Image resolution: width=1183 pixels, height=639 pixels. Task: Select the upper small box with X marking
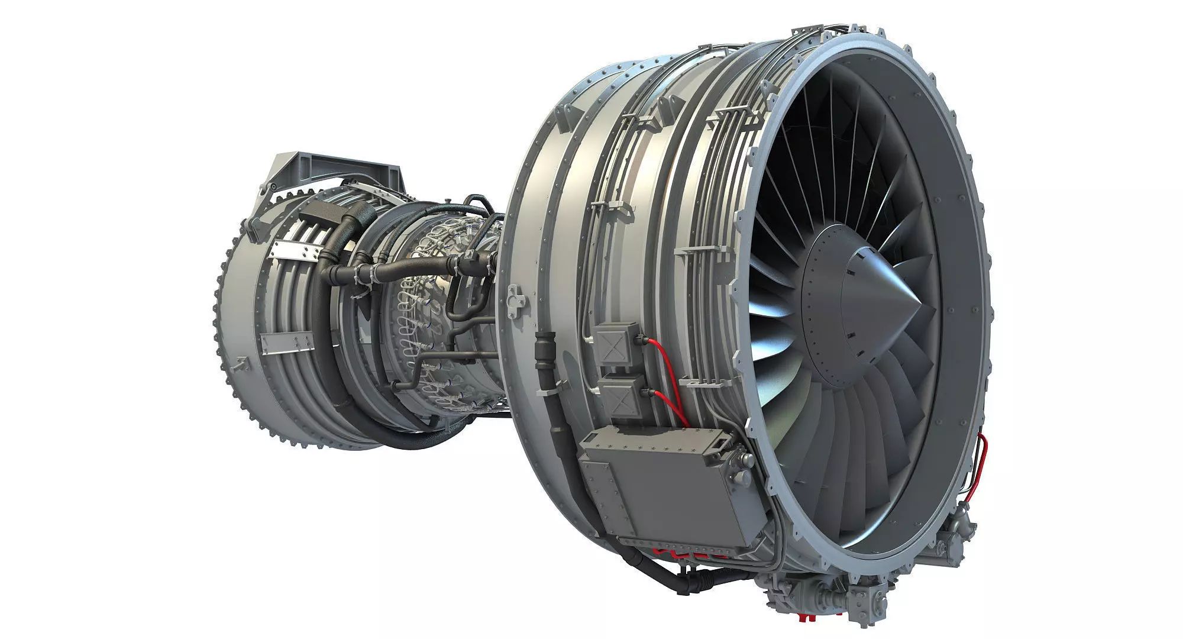[x=617, y=343]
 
